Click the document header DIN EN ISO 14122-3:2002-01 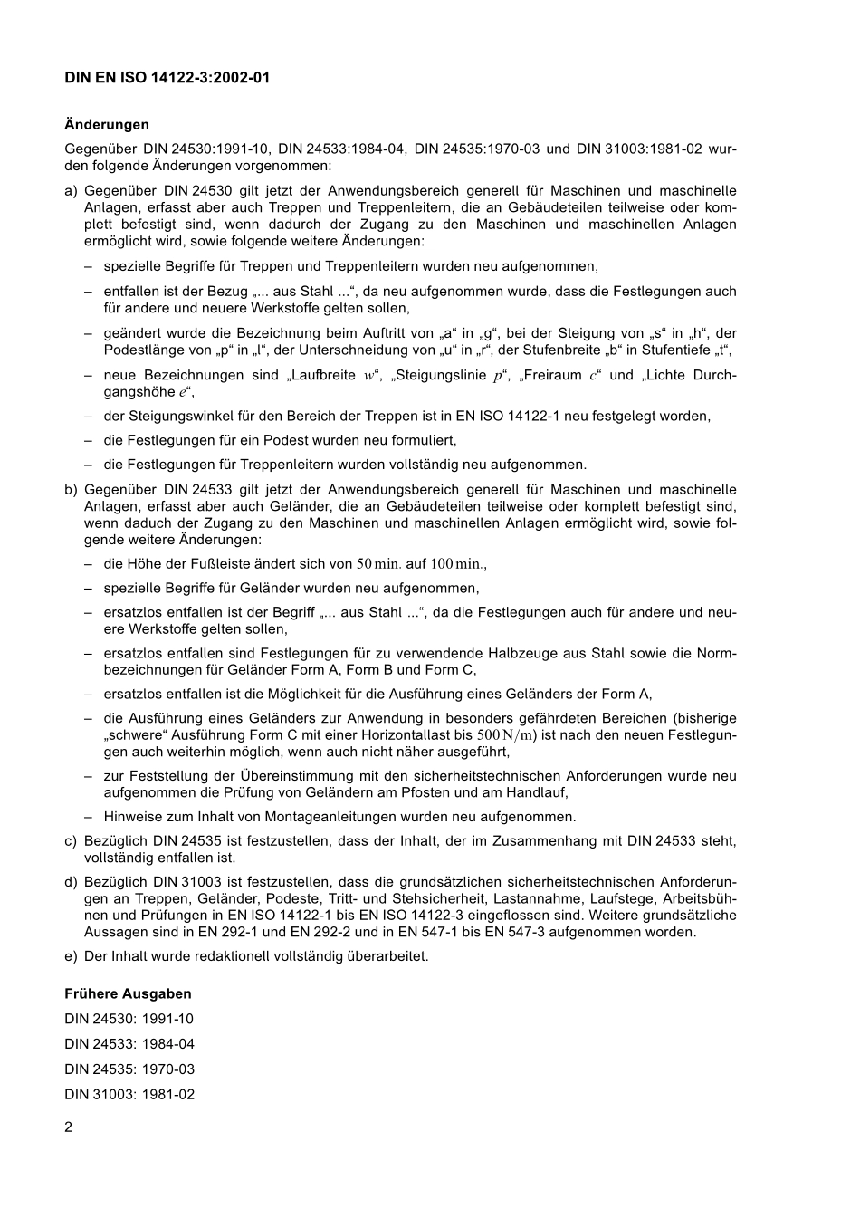pos(167,78)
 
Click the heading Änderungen pos(107,125)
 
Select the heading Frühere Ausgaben pos(128,993)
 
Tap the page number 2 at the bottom pos(69,1127)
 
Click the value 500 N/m pos(506,734)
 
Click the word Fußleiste pos(233,564)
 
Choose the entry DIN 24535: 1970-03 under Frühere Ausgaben pos(129,1069)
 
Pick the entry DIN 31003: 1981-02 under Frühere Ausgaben pos(129,1095)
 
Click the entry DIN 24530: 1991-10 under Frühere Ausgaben pos(129,1019)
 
